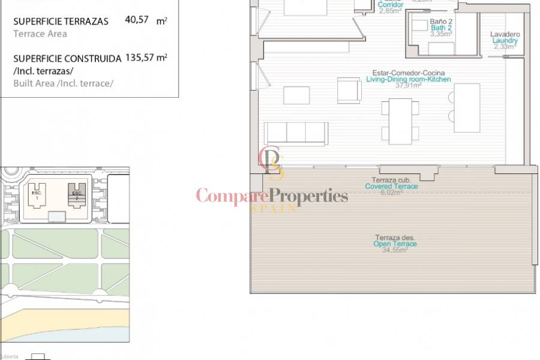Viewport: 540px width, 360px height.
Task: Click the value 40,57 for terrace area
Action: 137,20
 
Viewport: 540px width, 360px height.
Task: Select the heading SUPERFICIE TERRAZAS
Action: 61,21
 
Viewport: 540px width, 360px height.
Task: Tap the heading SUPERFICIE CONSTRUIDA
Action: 65,59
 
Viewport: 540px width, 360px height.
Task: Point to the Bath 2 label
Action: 441,28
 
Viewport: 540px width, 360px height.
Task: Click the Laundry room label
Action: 505,41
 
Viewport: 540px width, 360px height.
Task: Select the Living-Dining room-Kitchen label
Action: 408,79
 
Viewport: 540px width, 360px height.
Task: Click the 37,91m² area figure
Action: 408,86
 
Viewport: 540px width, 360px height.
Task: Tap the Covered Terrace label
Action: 391,187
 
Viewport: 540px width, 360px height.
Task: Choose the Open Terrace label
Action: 395,244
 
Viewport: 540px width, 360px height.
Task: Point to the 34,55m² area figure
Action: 395,251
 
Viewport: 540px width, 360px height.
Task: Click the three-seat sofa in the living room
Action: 296,133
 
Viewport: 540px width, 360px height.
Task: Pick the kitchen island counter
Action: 467,108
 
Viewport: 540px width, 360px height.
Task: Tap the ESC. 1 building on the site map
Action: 37,195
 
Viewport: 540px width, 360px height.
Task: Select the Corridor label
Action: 391,5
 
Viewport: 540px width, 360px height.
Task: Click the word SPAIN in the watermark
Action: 273,208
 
